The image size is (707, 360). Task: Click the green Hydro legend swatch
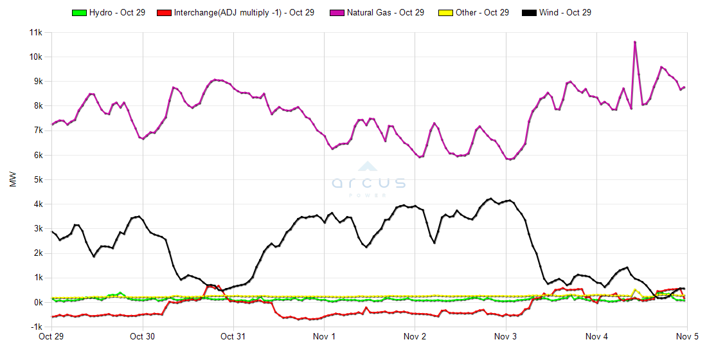click(x=79, y=12)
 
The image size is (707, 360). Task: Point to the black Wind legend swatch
click(x=530, y=12)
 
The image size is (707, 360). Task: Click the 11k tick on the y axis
click(x=34, y=32)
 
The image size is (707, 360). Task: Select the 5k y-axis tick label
click(x=37, y=179)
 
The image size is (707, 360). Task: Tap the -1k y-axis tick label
click(x=36, y=327)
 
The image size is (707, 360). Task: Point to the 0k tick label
click(x=37, y=302)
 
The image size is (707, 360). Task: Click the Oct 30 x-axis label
click(x=142, y=336)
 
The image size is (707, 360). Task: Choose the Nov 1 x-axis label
click(x=324, y=336)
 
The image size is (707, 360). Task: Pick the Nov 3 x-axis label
click(x=506, y=336)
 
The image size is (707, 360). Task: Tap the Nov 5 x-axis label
click(x=687, y=336)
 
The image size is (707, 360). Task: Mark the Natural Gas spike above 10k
click(x=635, y=42)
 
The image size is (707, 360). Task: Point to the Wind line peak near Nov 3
click(x=490, y=199)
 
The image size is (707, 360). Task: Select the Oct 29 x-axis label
click(x=51, y=336)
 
